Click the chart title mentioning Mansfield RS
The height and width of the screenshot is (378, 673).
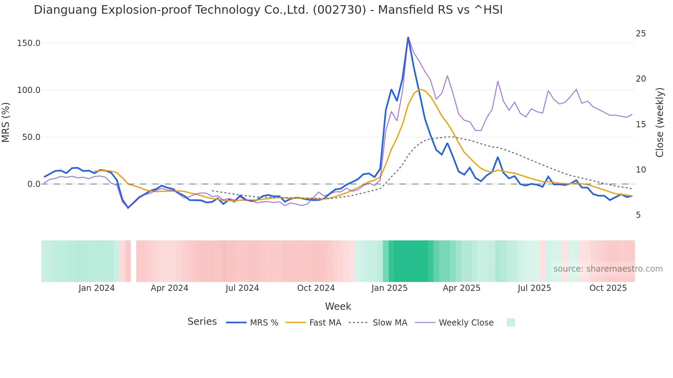click(x=268, y=10)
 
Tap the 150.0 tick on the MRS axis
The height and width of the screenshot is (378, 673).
click(x=28, y=43)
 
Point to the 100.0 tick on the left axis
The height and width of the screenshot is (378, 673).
click(x=28, y=90)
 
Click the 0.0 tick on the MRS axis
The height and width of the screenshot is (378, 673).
click(x=34, y=184)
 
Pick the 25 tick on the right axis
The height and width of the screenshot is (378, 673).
click(x=641, y=34)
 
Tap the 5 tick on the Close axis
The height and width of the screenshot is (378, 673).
click(x=638, y=215)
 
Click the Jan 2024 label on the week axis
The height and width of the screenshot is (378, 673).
click(x=96, y=288)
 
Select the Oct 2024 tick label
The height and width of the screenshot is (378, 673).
click(x=316, y=288)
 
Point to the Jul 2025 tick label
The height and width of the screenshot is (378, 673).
click(x=534, y=288)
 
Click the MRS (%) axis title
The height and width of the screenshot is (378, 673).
click(x=6, y=122)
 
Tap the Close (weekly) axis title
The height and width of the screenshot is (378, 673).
click(x=660, y=122)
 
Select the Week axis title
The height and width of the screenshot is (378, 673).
click(x=338, y=306)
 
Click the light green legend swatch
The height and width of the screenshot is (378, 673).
click(x=511, y=323)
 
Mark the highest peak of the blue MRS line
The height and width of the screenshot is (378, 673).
click(x=408, y=37)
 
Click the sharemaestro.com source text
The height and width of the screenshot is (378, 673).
click(x=608, y=269)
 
